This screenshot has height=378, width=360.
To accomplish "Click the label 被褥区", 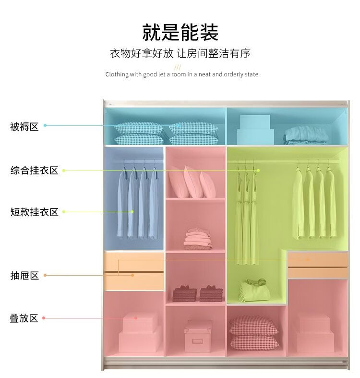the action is click(x=24, y=127).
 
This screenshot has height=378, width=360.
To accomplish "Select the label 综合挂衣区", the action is click(x=34, y=171).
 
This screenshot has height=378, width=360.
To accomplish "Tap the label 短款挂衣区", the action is click(x=34, y=212).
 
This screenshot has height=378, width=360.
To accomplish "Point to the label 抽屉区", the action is click(x=24, y=276).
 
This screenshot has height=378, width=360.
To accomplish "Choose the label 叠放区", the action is click(x=24, y=318).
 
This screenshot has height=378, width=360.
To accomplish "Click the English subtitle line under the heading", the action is click(x=181, y=74).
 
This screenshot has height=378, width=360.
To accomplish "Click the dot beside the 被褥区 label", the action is click(x=45, y=126).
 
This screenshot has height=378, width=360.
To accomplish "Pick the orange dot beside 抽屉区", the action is click(x=45, y=275).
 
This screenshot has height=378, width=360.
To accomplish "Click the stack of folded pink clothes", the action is click(x=198, y=239).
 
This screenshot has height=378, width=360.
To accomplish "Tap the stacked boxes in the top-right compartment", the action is click(x=256, y=128).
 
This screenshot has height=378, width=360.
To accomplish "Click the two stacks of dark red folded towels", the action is click(x=198, y=293).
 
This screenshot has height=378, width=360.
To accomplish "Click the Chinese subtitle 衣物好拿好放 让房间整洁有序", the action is click(x=180, y=53).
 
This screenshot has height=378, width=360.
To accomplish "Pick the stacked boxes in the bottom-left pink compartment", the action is click(x=139, y=332).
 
